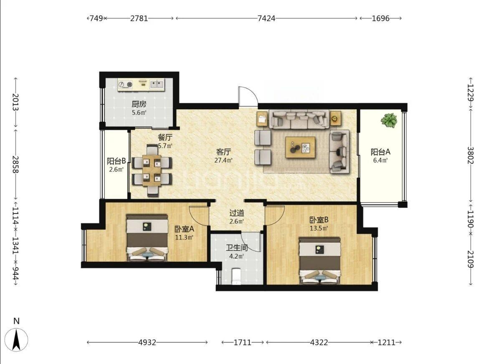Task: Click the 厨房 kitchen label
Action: [139, 104]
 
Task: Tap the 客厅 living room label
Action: [223, 152]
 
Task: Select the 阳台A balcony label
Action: [380, 152]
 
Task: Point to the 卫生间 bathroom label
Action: [237, 248]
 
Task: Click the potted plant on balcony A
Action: [388, 120]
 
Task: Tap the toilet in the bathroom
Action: [236, 277]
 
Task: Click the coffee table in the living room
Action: [300, 147]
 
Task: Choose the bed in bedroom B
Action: [320, 261]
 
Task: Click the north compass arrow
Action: [17, 340]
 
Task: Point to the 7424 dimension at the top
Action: [266, 18]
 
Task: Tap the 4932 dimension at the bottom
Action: [147, 343]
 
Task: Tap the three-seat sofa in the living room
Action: [299, 119]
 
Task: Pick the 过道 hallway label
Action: [237, 213]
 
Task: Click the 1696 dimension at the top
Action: [381, 18]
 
